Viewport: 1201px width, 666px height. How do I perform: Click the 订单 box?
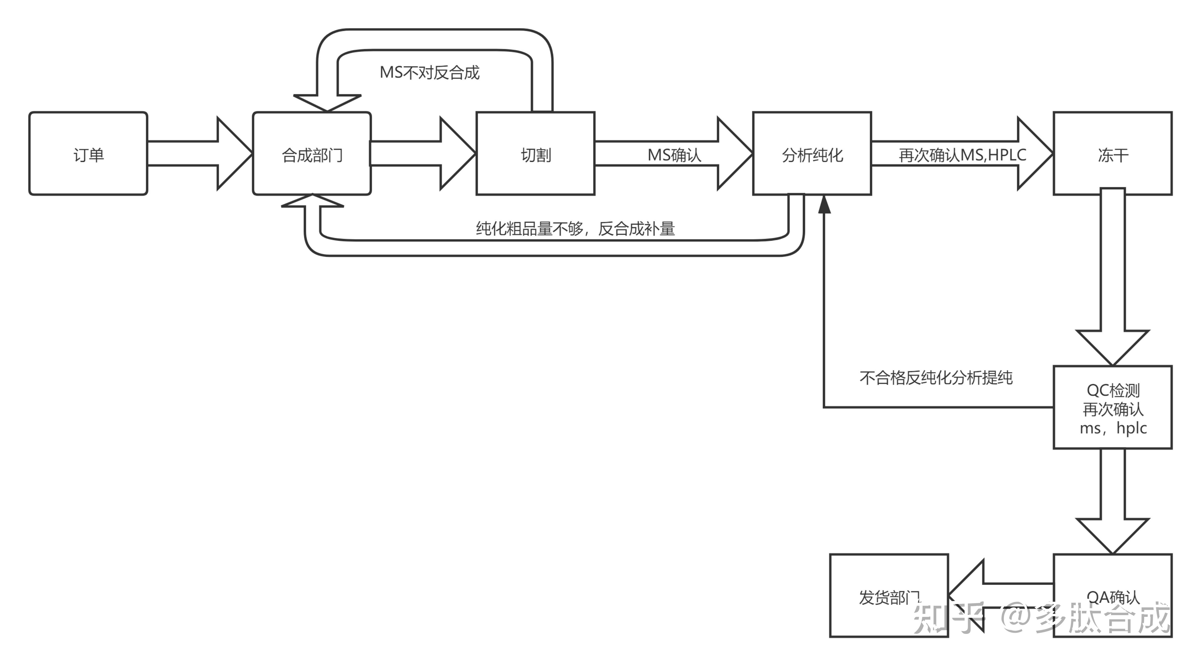tap(88, 153)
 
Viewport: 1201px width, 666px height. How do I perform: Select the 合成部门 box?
tap(312, 153)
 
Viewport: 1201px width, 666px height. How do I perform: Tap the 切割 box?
tap(535, 153)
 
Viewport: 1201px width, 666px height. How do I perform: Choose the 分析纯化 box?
tap(812, 153)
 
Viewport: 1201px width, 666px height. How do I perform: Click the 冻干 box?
tap(1113, 153)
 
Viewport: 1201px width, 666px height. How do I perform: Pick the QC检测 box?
tap(1113, 407)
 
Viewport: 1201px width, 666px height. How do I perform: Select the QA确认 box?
tap(1113, 596)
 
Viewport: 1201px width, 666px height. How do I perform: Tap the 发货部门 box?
tap(889, 596)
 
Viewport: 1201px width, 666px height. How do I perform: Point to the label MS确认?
tap(674, 155)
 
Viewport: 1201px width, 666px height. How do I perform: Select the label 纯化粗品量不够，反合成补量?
tap(575, 228)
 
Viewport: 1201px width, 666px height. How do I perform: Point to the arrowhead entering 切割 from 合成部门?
tap(458, 153)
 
